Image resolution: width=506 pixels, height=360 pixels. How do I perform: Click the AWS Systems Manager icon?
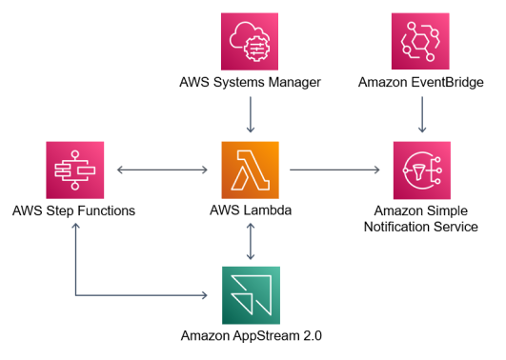[250, 40]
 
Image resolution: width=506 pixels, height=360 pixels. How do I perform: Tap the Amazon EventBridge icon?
[420, 40]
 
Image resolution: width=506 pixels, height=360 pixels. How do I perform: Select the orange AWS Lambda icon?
[250, 170]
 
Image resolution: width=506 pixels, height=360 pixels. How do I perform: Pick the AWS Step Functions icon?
[74, 170]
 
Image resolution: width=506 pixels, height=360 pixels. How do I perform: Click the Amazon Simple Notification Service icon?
[420, 170]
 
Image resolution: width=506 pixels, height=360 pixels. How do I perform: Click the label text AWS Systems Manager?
[250, 83]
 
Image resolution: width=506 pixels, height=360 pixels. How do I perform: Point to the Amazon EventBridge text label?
[420, 83]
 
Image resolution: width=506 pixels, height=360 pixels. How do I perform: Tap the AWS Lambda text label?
[250, 210]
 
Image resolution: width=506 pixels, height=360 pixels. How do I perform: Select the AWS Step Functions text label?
[74, 210]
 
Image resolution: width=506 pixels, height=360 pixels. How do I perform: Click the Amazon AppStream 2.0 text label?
[250, 336]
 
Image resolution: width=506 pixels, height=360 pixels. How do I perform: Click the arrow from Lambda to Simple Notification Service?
[334, 170]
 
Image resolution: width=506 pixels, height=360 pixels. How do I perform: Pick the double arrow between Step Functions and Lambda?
[162, 170]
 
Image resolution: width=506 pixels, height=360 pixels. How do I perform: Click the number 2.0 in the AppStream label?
[307, 336]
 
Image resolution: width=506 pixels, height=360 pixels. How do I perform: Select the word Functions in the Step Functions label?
[102, 210]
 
